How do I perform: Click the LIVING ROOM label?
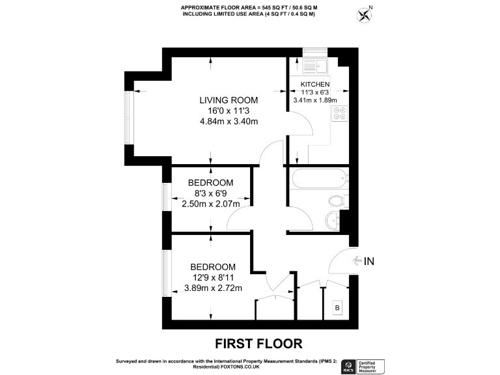tap(228, 100)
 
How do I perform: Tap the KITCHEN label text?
tap(315, 85)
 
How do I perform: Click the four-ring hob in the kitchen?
tap(340, 115)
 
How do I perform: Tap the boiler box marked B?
tap(337, 307)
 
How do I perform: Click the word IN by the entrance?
tap(369, 262)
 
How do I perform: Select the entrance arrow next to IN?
tap(356, 262)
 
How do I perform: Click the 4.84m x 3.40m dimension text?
tap(228, 122)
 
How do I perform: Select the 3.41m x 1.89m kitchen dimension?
tap(315, 100)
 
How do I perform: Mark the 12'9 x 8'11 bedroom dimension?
tap(212, 278)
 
